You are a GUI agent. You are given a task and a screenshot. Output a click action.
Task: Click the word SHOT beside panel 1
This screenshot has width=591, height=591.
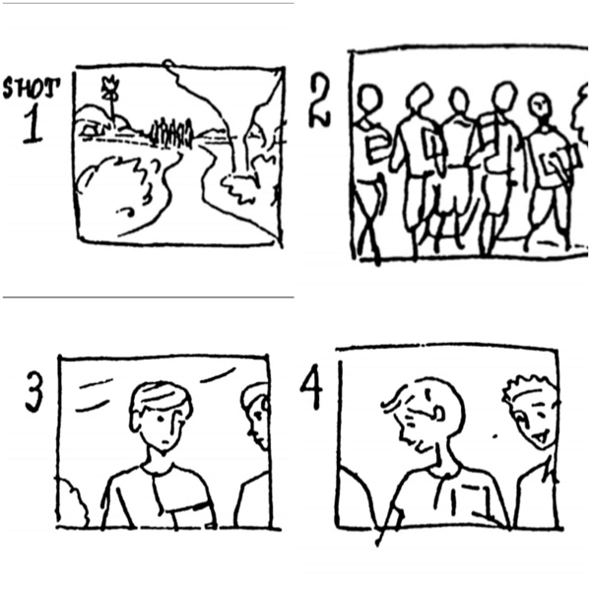(x=32, y=88)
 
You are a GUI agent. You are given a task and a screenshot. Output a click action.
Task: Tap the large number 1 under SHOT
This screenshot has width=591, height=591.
(x=33, y=125)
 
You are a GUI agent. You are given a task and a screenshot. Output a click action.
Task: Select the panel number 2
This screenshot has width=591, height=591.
(x=319, y=99)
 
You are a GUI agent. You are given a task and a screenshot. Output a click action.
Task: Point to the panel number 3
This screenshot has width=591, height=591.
(x=33, y=392)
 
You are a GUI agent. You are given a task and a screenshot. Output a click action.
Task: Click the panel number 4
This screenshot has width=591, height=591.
(x=311, y=387)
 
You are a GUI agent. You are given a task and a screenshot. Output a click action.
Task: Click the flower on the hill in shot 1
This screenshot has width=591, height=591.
(x=110, y=89)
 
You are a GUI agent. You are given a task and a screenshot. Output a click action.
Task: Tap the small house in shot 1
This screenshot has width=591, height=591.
(x=92, y=130)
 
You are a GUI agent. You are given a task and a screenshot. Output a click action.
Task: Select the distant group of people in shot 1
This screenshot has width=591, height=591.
(x=171, y=133)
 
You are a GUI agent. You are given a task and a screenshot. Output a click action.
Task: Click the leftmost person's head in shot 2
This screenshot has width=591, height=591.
(x=369, y=99)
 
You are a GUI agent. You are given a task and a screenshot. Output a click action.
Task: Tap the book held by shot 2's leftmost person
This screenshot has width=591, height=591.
(x=378, y=148)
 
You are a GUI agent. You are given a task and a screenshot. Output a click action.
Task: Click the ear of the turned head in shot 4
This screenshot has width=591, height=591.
(x=438, y=413)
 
